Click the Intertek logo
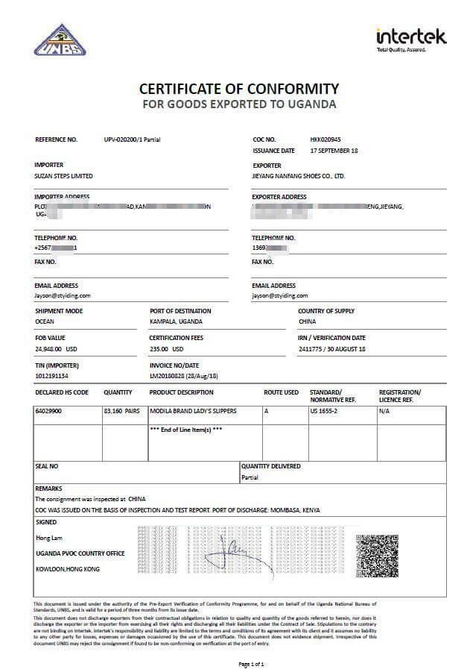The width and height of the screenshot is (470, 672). click(410, 38)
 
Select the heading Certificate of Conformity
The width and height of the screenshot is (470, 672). click(238, 88)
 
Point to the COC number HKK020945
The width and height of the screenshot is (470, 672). click(325, 139)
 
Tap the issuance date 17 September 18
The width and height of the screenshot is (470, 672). click(334, 151)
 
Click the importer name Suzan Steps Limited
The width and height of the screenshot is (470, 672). click(64, 176)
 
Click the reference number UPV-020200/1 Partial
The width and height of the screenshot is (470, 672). click(133, 139)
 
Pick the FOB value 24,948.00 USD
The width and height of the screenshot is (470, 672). click(56, 348)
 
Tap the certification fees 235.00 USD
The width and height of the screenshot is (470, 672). click(167, 348)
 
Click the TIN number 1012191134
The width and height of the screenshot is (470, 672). click(51, 376)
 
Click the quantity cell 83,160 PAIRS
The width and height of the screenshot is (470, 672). click(121, 411)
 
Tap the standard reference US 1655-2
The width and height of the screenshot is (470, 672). click(325, 411)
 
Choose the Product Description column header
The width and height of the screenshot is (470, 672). click(181, 392)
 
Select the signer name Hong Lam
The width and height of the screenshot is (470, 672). click(48, 537)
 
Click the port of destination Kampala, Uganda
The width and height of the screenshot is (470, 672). click(176, 321)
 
